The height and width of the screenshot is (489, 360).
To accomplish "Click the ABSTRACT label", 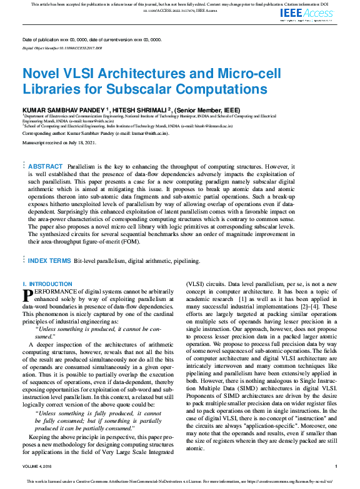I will click(46, 166).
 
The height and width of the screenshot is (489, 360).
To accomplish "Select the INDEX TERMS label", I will click(49, 260).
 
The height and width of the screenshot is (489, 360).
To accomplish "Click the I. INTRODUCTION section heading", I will click(47, 284).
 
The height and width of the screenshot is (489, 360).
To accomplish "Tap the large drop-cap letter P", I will click(27, 295).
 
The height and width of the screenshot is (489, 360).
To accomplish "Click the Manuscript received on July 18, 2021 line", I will click(59, 143).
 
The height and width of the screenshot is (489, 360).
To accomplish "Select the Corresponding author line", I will click(95, 133).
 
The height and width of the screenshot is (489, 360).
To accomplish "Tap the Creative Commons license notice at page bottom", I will click(180, 482).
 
